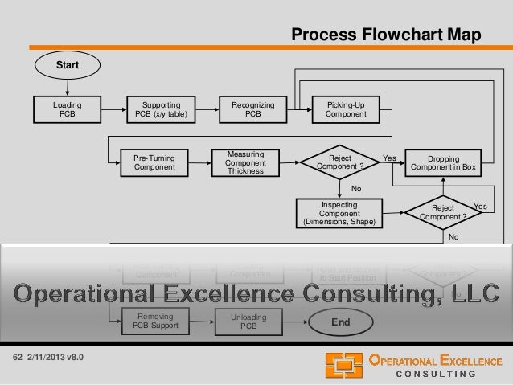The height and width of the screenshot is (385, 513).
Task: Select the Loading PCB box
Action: coord(67,109)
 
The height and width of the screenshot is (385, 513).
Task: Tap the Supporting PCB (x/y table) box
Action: coord(161,109)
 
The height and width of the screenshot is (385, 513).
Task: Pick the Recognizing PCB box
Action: coord(252,109)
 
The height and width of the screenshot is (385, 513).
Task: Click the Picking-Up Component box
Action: coord(346,109)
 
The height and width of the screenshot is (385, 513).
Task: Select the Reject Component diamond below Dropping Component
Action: coord(446,212)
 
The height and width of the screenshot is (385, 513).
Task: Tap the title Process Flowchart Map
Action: coord(386,35)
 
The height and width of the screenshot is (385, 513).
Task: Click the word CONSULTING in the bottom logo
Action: coord(437,373)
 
